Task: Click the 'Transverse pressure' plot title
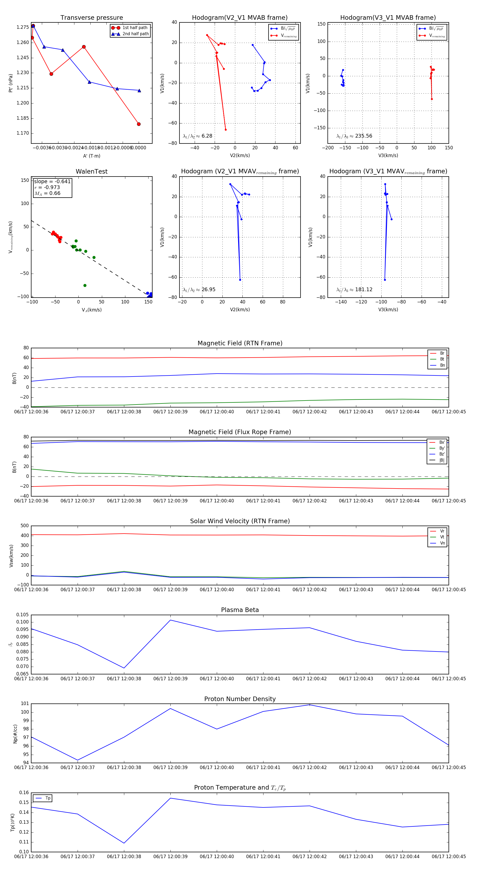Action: tap(91, 18)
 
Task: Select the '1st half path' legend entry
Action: tap(135, 28)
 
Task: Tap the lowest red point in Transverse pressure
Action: tap(139, 124)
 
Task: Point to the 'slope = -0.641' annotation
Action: tap(52, 181)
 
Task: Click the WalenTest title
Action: tap(91, 171)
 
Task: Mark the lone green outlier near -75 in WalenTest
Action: tap(85, 286)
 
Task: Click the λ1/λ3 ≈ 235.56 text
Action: tap(354, 136)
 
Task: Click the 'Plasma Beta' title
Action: tap(240, 610)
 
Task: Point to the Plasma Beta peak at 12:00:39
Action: tap(170, 620)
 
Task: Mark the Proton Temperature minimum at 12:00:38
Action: tap(124, 843)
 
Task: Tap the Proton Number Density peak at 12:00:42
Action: tap(310, 705)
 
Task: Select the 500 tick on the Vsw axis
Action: tap(25, 526)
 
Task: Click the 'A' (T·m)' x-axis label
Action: tap(91, 156)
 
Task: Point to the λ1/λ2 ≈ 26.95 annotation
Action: tap(199, 290)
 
